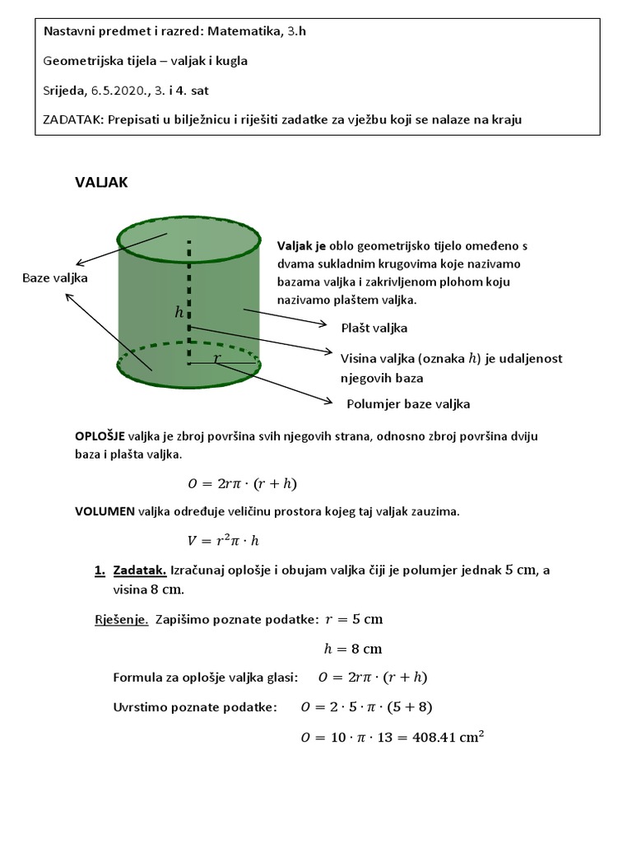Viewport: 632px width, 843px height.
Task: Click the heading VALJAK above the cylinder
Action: click(101, 183)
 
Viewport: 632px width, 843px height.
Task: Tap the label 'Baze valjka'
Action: click(54, 278)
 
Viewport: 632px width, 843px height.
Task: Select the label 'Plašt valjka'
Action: click(374, 328)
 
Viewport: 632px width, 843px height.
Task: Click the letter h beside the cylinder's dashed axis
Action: click(179, 312)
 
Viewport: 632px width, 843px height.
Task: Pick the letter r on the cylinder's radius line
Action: click(217, 358)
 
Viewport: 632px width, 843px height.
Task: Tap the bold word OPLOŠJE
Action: click(101, 436)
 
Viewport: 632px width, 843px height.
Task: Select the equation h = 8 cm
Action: click(353, 648)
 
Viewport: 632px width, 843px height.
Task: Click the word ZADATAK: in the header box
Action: click(72, 120)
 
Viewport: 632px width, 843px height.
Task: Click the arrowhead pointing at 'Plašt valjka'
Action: click(326, 324)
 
